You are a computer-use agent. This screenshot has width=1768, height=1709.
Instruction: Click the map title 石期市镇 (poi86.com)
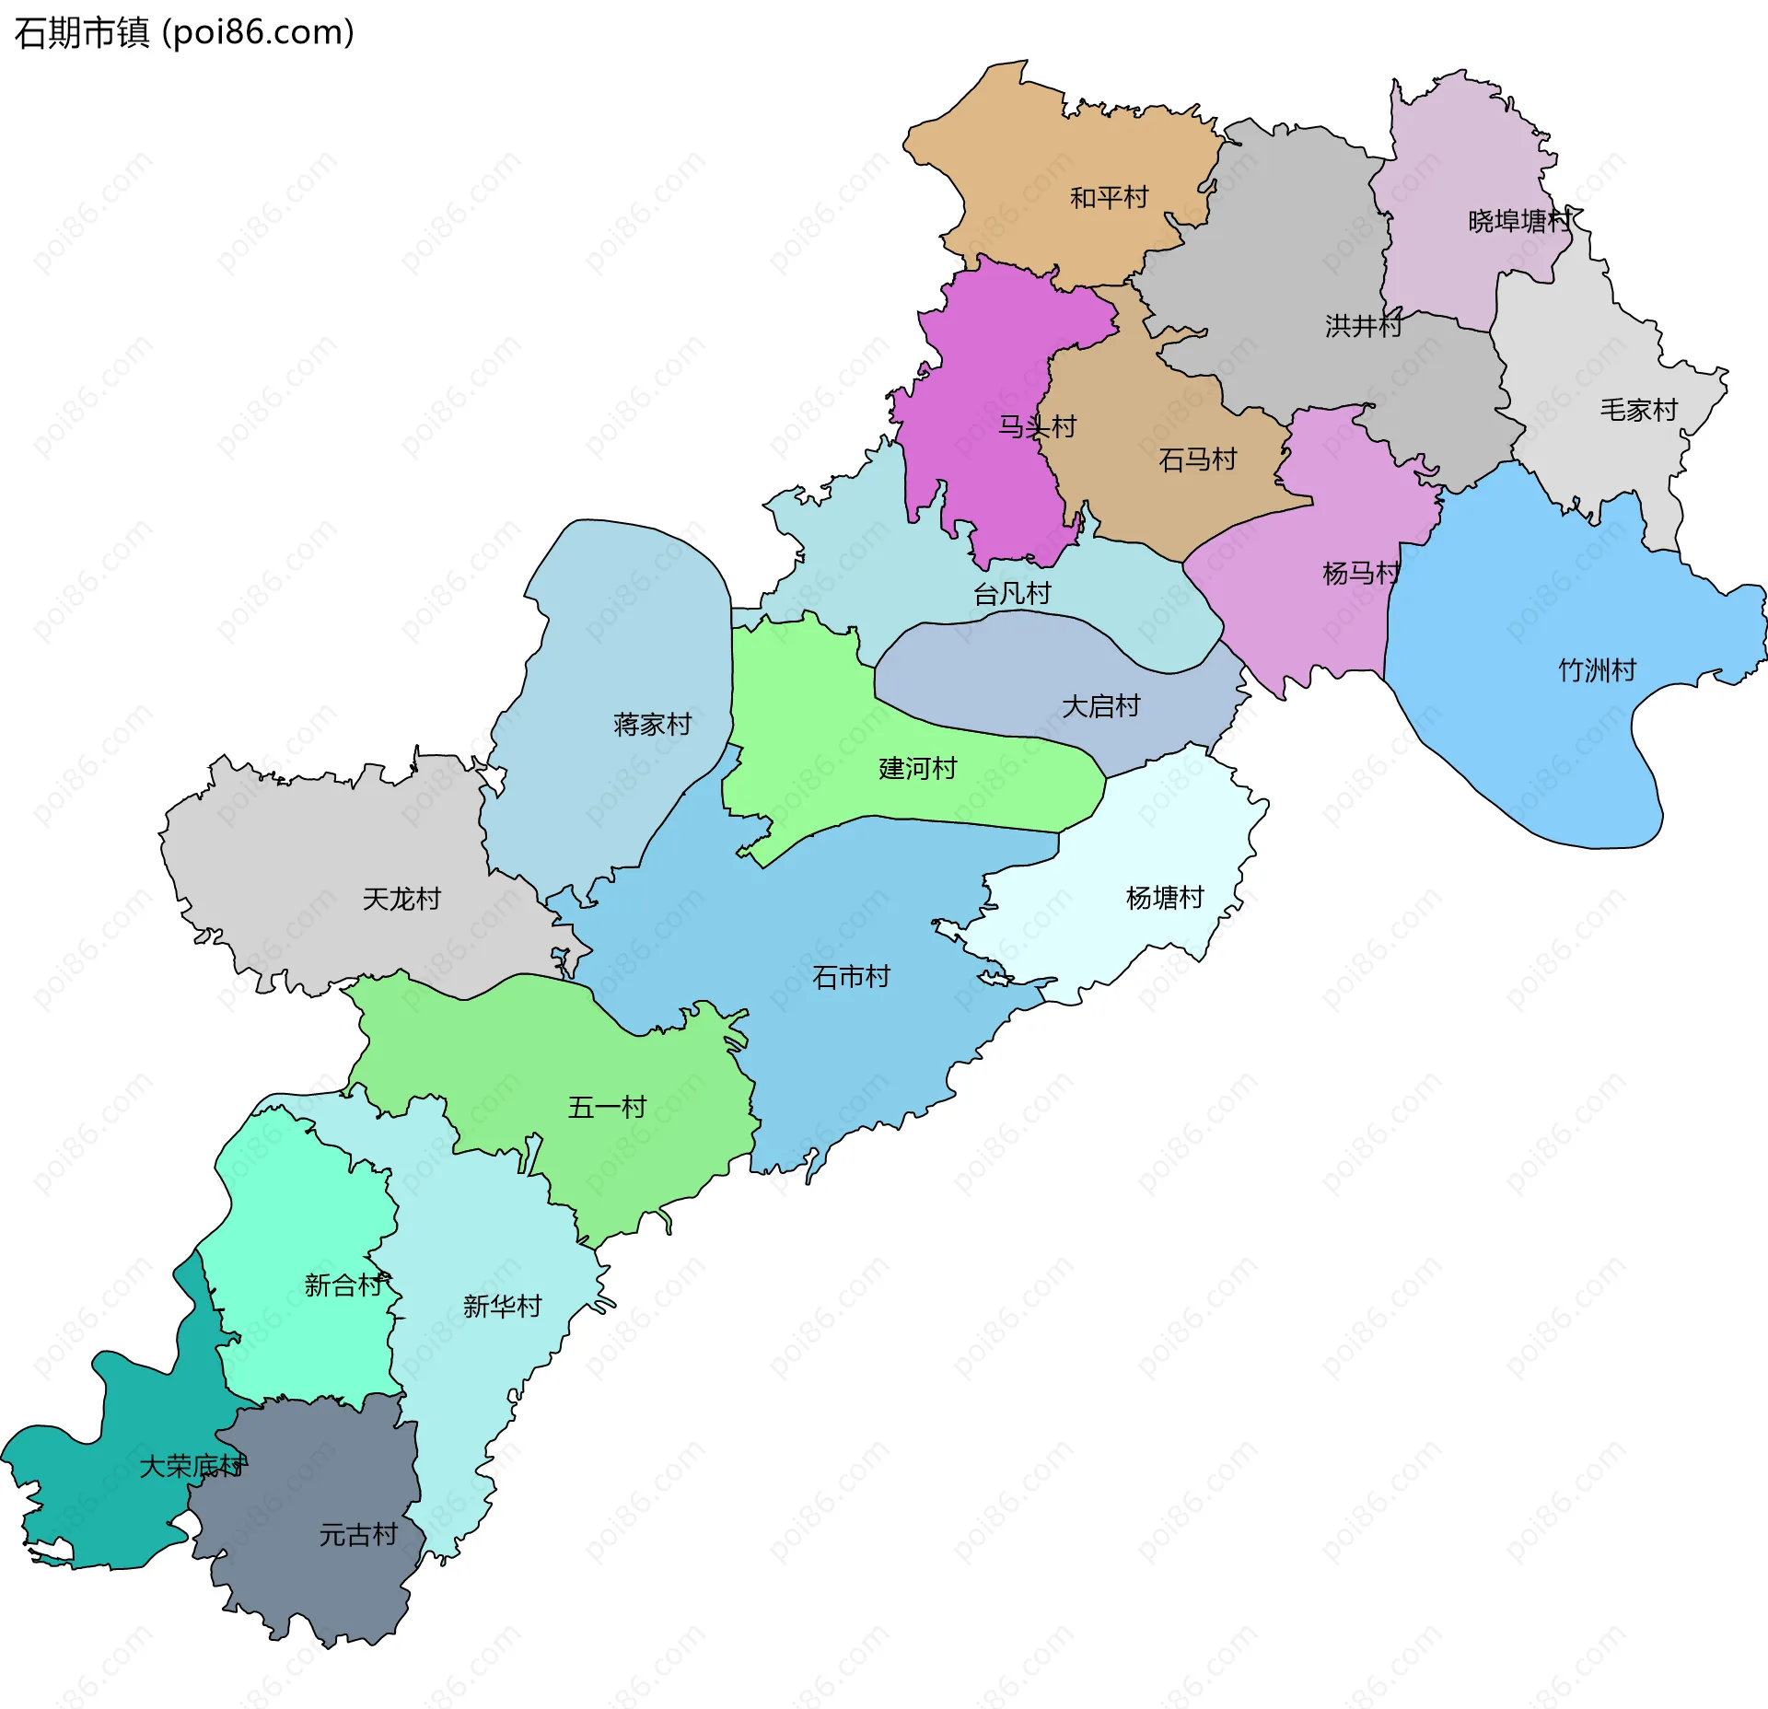click(x=184, y=33)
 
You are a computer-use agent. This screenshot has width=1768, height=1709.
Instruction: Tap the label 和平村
click(x=1109, y=198)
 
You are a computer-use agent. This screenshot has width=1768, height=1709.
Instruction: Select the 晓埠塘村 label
click(x=1518, y=221)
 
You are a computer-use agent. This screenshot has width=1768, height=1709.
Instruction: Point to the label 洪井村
click(x=1363, y=325)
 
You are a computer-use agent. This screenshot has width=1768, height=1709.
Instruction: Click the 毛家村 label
click(x=1639, y=410)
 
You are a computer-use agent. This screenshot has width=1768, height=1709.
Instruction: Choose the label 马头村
click(x=1038, y=426)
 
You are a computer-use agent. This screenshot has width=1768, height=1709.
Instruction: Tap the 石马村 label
click(x=1197, y=459)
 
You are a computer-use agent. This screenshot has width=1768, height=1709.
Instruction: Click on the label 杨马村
click(x=1361, y=574)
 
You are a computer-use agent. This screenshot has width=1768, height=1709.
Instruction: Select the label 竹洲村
click(x=1597, y=669)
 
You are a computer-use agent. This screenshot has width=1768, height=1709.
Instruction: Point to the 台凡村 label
click(x=1012, y=594)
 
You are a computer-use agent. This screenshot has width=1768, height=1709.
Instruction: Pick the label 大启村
click(x=1101, y=706)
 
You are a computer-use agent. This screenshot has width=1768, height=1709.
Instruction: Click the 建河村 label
click(x=918, y=768)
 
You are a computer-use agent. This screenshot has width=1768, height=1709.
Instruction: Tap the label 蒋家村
click(x=652, y=725)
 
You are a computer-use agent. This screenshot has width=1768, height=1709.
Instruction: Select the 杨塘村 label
click(x=1165, y=898)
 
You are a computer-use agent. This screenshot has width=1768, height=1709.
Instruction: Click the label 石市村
click(x=851, y=977)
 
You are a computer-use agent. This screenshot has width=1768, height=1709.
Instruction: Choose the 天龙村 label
click(x=401, y=899)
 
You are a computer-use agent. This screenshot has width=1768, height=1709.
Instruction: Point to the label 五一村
click(x=607, y=1107)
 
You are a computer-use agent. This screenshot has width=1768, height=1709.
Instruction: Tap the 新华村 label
click(x=502, y=1306)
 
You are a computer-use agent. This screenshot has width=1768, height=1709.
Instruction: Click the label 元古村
click(x=358, y=1535)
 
